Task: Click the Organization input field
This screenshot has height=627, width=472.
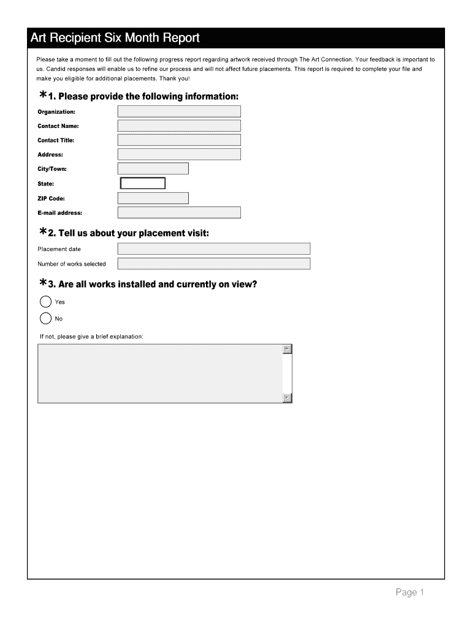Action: point(178,111)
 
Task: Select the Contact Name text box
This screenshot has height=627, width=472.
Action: point(178,126)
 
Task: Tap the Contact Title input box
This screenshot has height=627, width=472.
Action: point(178,140)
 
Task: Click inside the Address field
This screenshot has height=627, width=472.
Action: point(178,154)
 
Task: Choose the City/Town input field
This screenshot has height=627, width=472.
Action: point(153,168)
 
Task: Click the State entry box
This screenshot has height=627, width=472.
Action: point(143,183)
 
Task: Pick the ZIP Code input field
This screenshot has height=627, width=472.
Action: point(153,198)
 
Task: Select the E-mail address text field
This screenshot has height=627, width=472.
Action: point(178,212)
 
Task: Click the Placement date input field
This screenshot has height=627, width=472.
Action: point(214,249)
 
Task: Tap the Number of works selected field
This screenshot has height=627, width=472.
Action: point(214,264)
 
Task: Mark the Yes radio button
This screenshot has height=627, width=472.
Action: point(45,302)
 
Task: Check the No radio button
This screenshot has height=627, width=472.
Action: point(45,318)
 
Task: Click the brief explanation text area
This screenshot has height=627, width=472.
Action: point(159,374)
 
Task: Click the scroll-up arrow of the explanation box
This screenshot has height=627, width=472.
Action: point(287,350)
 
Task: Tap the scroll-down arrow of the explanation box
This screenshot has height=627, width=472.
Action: point(287,398)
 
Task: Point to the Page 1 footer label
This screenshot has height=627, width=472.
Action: point(409,592)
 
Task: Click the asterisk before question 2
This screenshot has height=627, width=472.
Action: point(43,232)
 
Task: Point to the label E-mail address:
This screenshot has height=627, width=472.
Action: point(59,213)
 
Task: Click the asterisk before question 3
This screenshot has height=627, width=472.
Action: point(43,283)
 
